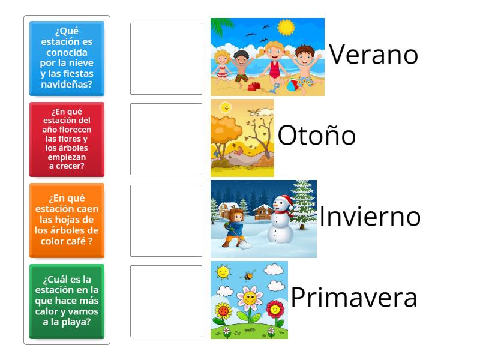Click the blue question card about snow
click(x=67, y=58)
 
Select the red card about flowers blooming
click(x=67, y=139)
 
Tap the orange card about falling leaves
click(x=67, y=220)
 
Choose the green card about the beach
click(x=67, y=301)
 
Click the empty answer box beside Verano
click(x=166, y=59)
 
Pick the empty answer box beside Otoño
click(x=166, y=139)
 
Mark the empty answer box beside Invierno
click(x=166, y=220)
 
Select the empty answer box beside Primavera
click(x=166, y=301)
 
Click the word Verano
click(x=373, y=55)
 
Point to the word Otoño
click(x=316, y=136)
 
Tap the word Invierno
click(x=370, y=217)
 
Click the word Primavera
click(x=354, y=298)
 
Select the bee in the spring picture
click(x=248, y=276)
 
